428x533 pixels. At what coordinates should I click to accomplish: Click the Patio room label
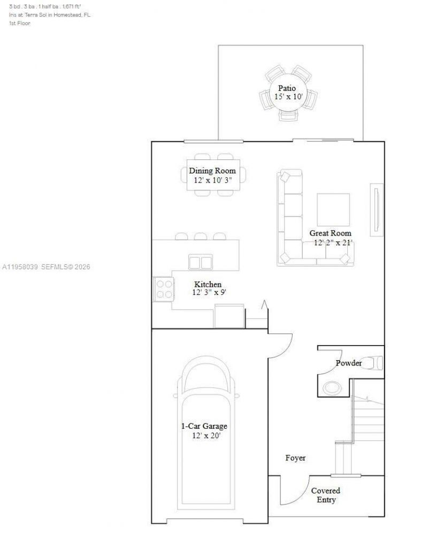(x=287, y=88)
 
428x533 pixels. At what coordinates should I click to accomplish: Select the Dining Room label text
(x=212, y=171)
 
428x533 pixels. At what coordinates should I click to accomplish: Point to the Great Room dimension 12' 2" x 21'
(x=333, y=242)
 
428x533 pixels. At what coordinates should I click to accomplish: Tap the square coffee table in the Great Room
(x=333, y=209)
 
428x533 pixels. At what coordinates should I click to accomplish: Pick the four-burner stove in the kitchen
(x=164, y=289)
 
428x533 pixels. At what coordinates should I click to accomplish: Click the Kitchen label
(x=208, y=284)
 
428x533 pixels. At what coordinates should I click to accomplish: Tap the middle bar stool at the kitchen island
(x=201, y=236)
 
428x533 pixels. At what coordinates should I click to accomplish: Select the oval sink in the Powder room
(x=333, y=386)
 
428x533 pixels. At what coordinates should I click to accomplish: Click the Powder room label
(x=348, y=363)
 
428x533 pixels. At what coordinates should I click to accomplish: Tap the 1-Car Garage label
(x=203, y=427)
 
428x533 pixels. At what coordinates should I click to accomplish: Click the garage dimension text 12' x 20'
(x=207, y=436)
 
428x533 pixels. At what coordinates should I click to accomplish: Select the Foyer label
(x=295, y=458)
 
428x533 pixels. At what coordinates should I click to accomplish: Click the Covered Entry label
(x=326, y=495)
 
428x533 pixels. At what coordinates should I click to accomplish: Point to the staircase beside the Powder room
(x=368, y=417)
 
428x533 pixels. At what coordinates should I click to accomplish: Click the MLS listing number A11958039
(x=21, y=266)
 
